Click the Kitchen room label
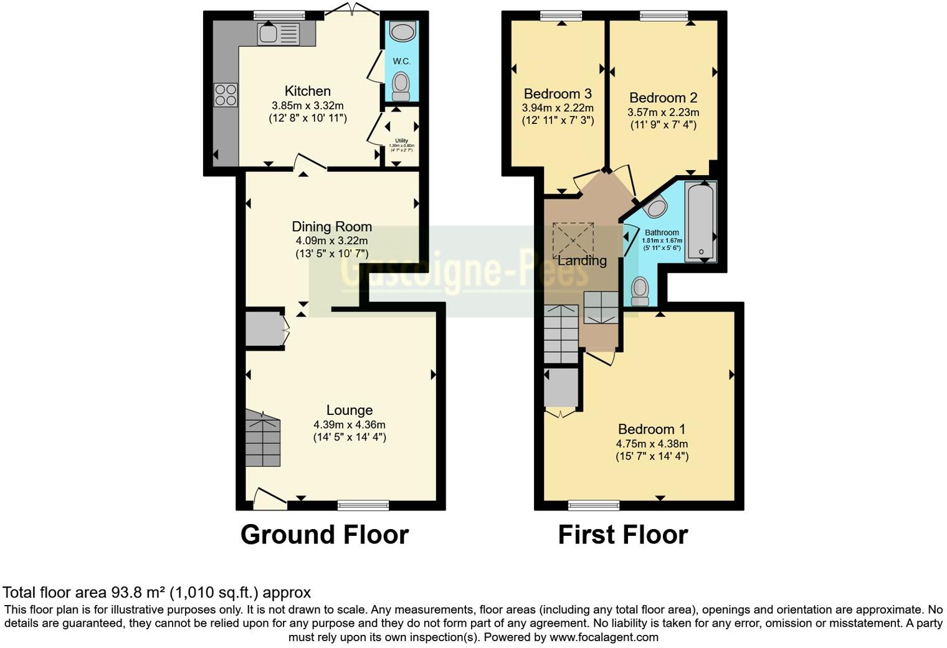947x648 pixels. click(307, 91)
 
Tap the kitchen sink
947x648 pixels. click(278, 34)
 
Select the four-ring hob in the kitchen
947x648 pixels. click(226, 95)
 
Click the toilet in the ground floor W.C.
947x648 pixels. click(401, 86)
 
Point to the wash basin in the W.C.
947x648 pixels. click(401, 31)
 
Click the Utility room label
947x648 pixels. click(401, 141)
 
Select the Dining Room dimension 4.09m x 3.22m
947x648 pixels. click(331, 241)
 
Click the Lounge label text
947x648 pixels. click(350, 410)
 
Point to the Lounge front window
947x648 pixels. click(363, 505)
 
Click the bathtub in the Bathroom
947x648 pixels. click(700, 221)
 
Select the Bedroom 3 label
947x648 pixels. click(558, 94)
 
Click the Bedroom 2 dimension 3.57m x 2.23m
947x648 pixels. click(663, 113)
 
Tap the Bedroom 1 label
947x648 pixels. click(652, 429)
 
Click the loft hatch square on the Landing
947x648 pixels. click(573, 239)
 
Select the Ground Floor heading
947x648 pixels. click(324, 535)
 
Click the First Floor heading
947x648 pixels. click(622, 535)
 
